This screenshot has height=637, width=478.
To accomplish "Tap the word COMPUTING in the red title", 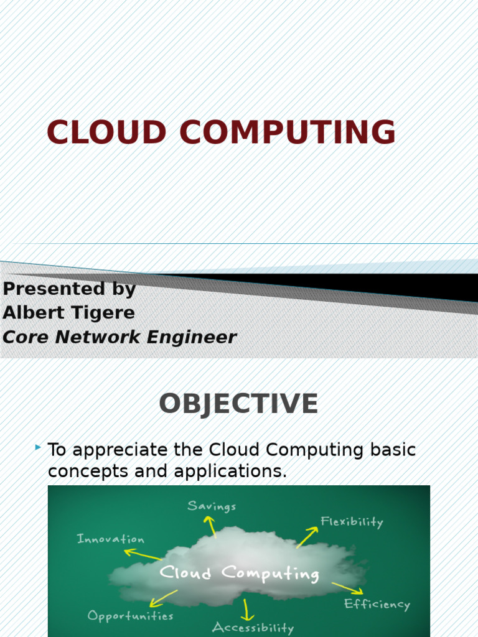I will pos(288,133).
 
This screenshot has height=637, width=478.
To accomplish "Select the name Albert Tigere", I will pos(68,313).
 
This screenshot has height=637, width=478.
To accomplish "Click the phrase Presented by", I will pos(69,289).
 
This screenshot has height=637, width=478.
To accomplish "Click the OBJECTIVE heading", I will pos(238,404).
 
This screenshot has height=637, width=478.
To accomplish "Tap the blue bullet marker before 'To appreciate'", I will pos(38,447).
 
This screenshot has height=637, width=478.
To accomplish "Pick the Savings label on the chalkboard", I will pos(212,506).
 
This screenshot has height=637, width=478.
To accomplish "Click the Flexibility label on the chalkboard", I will pos(352,522).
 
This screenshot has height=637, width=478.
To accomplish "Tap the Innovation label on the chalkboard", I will pos(110,539).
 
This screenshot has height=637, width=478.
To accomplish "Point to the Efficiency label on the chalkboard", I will pos(377,603).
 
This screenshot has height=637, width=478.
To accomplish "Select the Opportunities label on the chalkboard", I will pos(130,616).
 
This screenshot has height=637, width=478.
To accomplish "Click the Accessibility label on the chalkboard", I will pos(252,627).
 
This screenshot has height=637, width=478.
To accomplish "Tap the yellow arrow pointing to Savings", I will pos(212,526).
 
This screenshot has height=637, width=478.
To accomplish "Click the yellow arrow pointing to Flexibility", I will pos(307,537).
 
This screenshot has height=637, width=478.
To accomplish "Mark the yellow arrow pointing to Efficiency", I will pos(347,588).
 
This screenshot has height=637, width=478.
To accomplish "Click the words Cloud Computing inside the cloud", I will pos(240,574).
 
